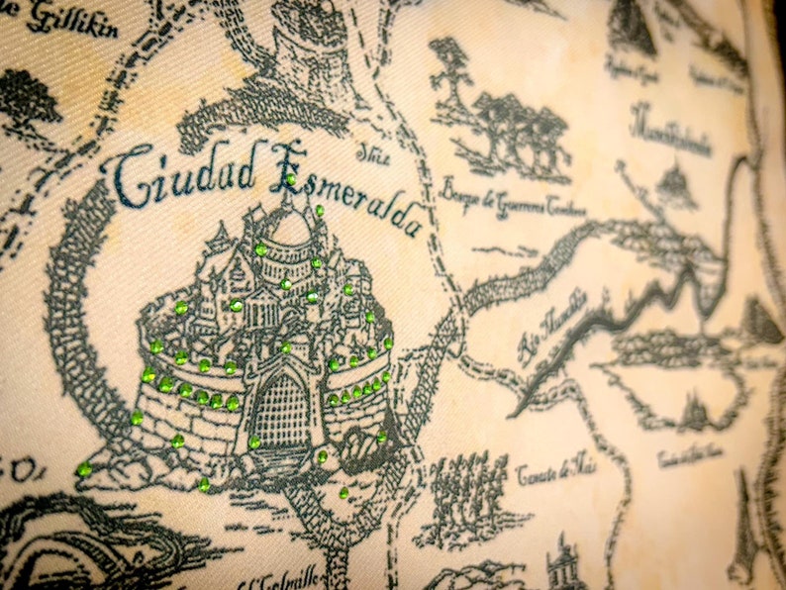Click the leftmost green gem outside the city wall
pyautogui.click(x=85, y=468)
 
